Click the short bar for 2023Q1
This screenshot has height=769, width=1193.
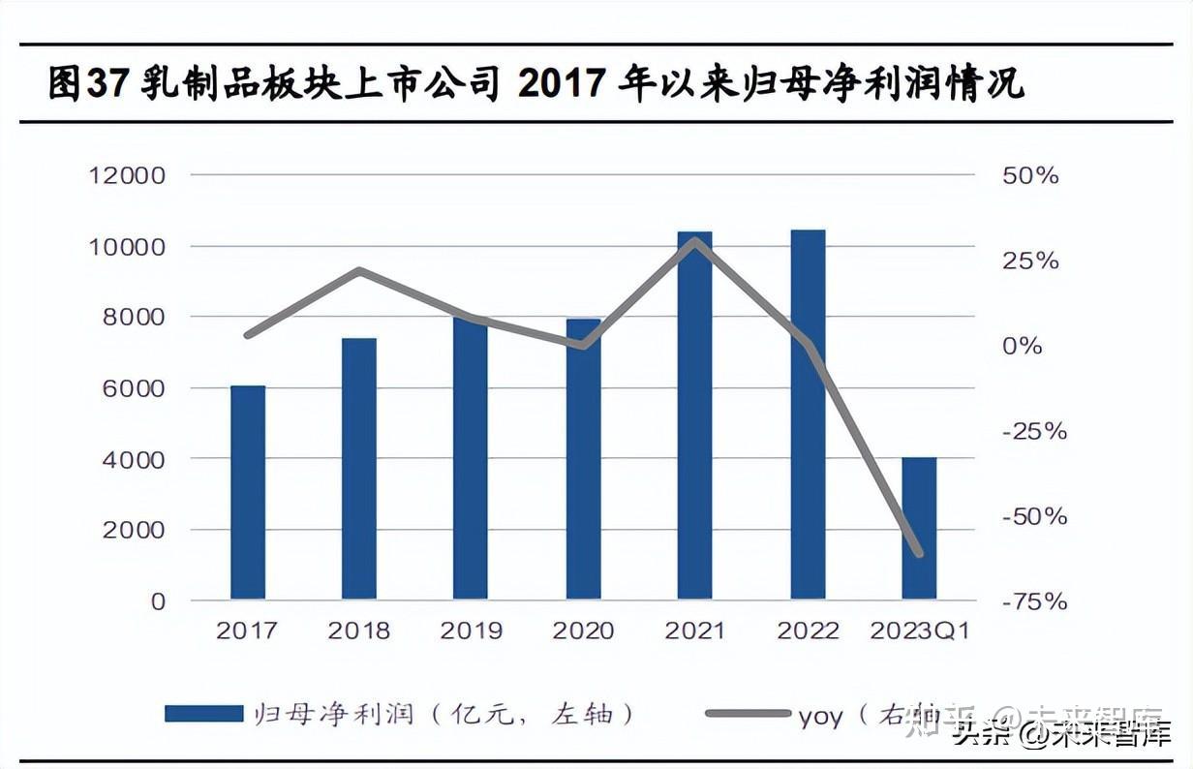(x=919, y=528)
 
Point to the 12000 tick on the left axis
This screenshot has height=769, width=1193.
(x=127, y=175)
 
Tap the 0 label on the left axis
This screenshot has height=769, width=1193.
(x=158, y=601)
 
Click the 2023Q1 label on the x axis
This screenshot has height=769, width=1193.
(x=919, y=631)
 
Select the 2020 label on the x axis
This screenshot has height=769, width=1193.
(x=583, y=631)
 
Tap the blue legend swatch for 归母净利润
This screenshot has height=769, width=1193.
(x=203, y=714)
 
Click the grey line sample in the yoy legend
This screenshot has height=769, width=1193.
(x=747, y=714)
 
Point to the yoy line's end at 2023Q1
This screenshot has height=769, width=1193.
(x=918, y=553)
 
